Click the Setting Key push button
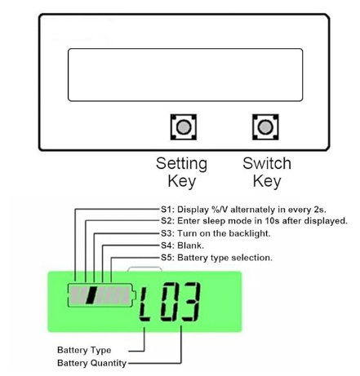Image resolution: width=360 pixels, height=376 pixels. [184, 127]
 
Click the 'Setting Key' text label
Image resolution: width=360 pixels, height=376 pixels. [182, 172]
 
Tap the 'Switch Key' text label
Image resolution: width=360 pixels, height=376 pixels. [267, 172]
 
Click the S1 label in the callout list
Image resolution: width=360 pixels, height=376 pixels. [167, 210]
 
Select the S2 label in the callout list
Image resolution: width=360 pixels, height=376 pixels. [167, 221]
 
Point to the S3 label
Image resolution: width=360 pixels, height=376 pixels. [167, 233]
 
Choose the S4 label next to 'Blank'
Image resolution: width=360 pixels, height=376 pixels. [167, 246]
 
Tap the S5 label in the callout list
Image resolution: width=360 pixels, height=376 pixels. [167, 258]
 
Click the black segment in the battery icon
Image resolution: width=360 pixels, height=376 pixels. [91, 295]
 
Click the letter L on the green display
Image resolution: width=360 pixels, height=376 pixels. [144, 305]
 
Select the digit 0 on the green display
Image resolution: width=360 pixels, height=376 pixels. [169, 302]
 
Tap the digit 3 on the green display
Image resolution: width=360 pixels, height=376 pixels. [191, 302]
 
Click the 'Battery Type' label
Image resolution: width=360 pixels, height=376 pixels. [84, 350]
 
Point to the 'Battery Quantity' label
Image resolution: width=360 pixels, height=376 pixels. [92, 363]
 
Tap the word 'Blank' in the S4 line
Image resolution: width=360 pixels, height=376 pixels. [190, 246]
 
